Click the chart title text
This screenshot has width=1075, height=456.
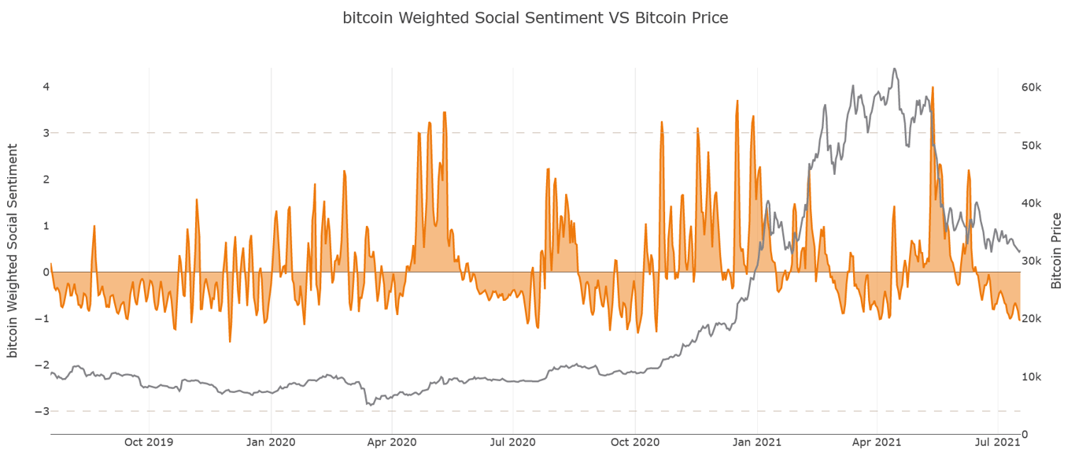coord(535,17)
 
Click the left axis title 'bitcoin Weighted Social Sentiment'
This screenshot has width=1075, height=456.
coord(13,250)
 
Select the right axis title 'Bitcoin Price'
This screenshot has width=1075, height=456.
coord(1056,250)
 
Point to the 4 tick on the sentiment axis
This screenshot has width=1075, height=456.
coord(46,87)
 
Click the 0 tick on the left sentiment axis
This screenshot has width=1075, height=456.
coord(46,272)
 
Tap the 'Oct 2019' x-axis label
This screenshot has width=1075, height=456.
coord(149,442)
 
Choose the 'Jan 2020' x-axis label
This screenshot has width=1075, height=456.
coord(271,442)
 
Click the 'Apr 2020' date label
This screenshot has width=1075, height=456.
coord(392,442)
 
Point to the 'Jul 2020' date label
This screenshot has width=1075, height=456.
coord(513,442)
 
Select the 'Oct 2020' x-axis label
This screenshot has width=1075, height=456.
coord(635,442)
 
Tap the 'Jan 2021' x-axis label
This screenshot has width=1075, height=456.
coord(757,442)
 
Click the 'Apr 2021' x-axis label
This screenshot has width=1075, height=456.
coord(877,442)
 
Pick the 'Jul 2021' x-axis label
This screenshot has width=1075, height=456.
coord(998,442)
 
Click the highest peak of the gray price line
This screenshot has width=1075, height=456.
coord(894,69)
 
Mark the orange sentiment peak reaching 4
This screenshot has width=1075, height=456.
coord(932,87)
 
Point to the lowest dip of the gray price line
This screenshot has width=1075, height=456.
coord(368,405)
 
